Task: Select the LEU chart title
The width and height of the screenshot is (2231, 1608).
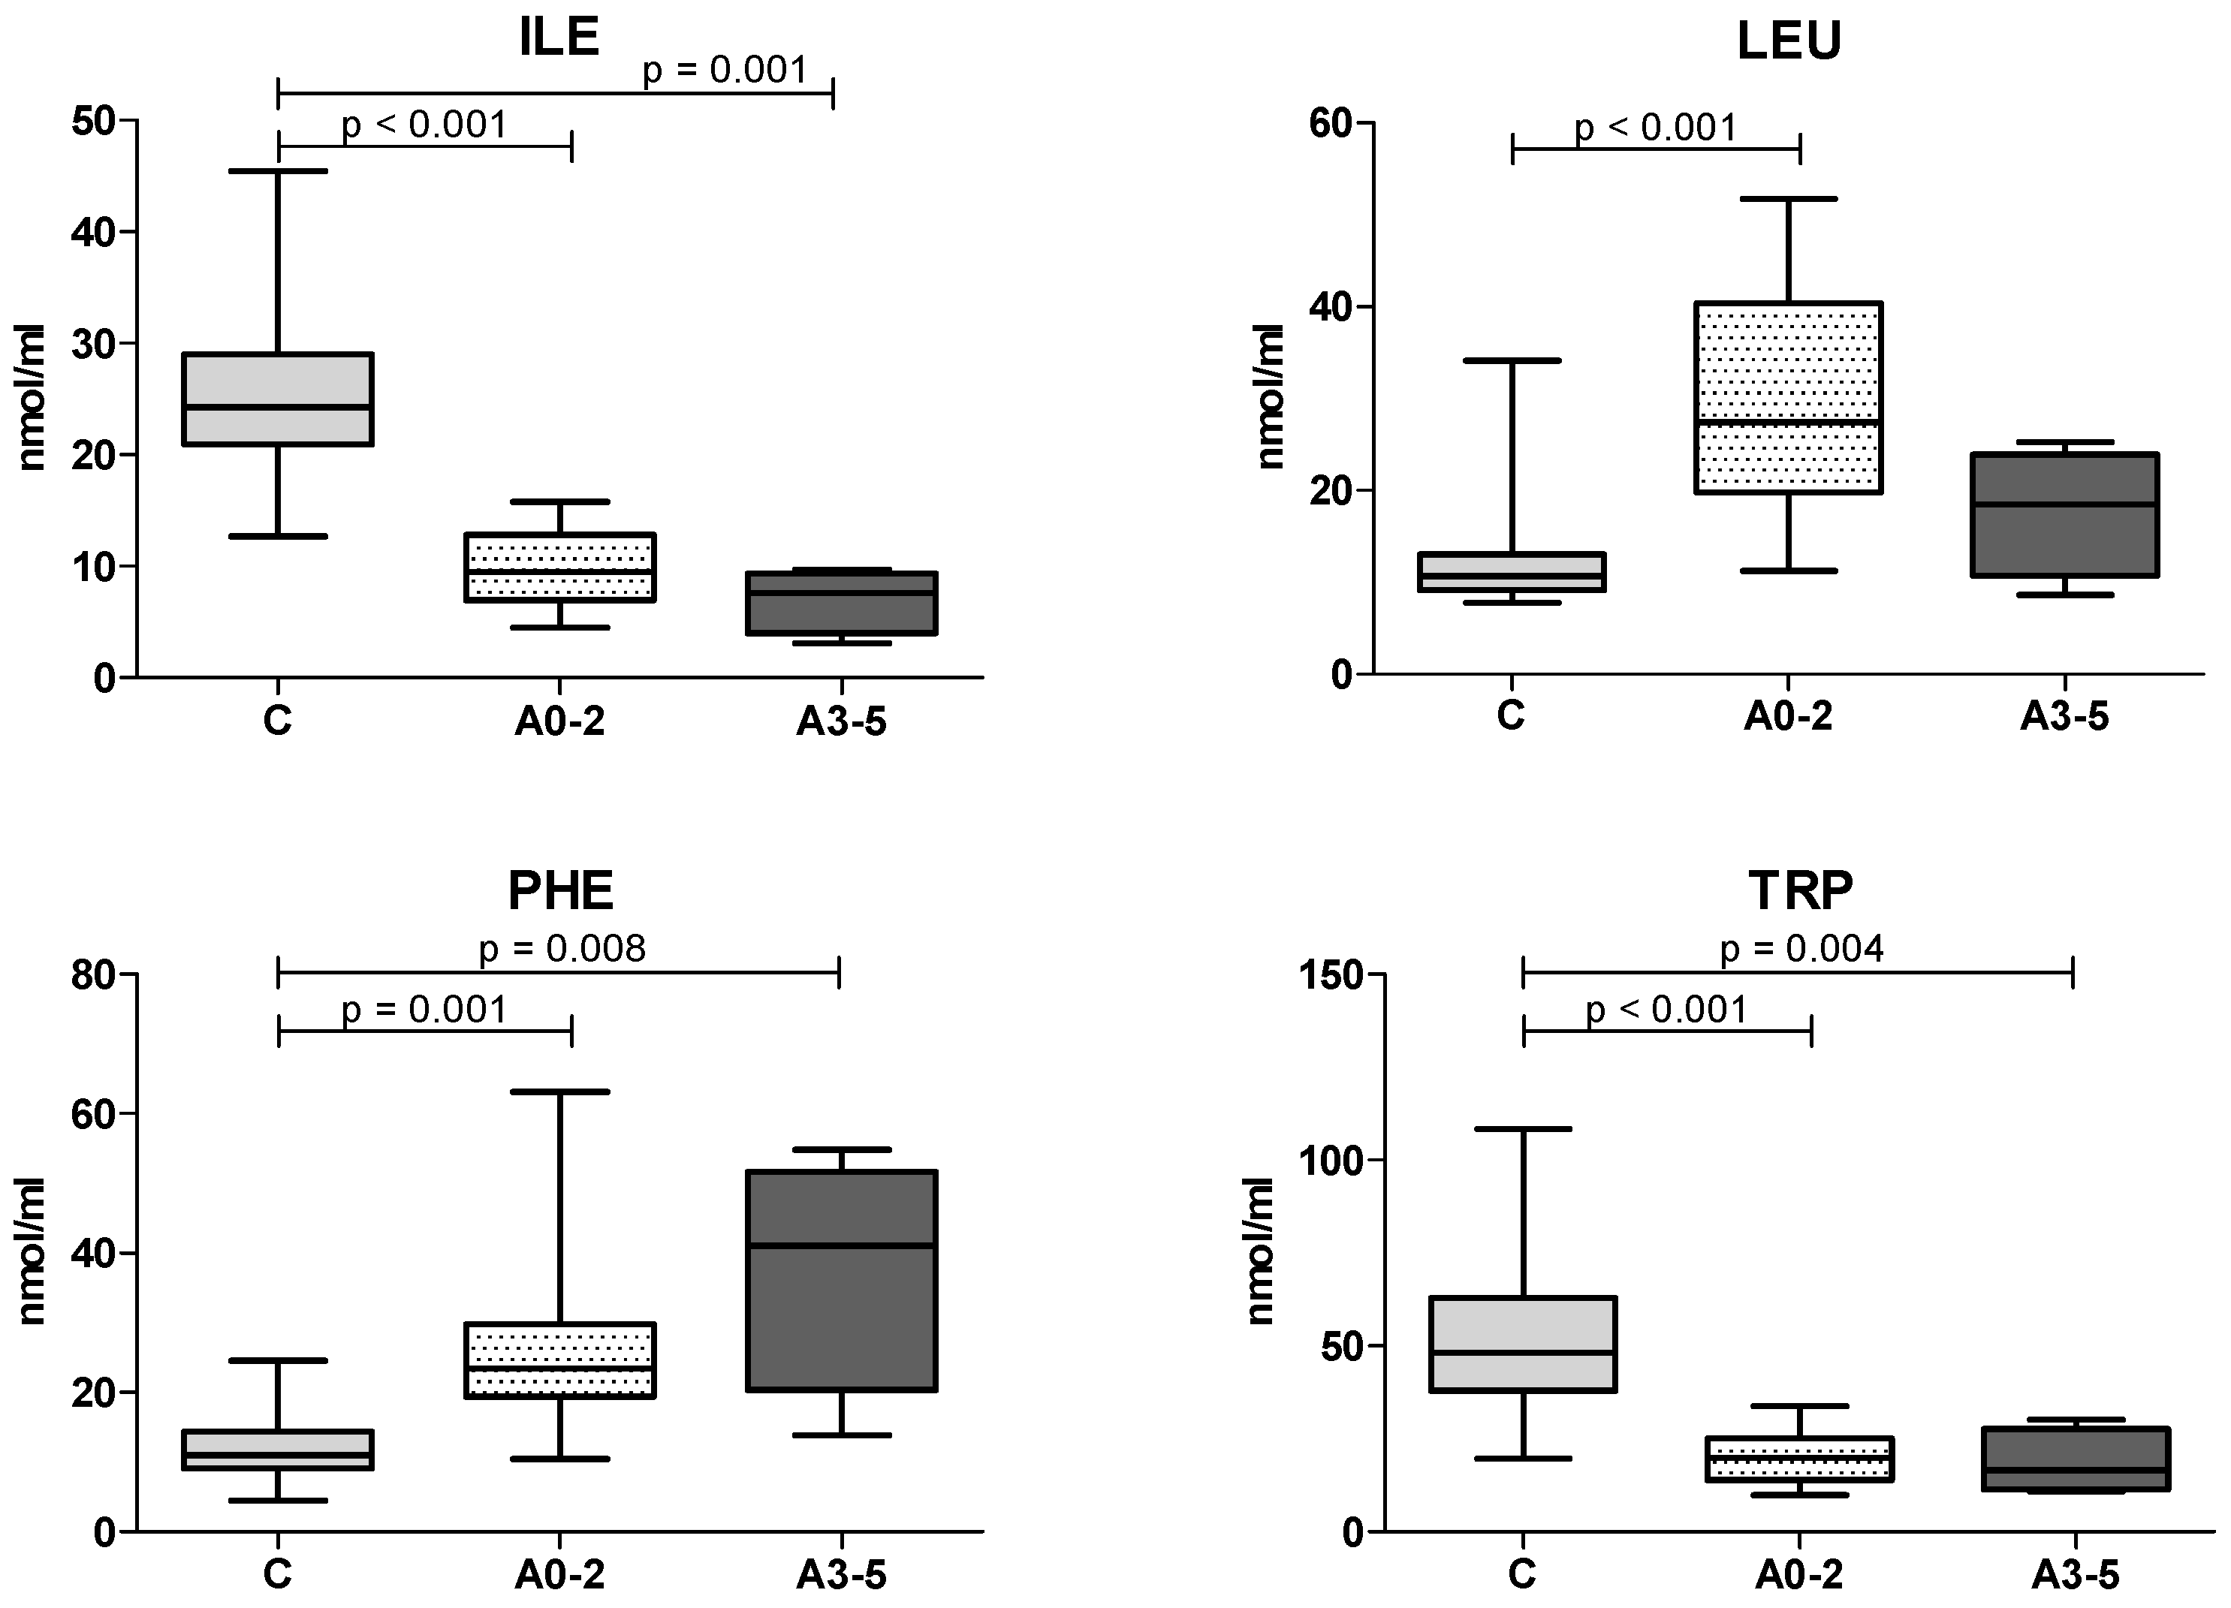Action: [x=1789, y=41]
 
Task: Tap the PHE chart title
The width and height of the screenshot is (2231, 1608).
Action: [x=559, y=891]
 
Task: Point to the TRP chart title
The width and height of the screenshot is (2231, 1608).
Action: [x=1800, y=890]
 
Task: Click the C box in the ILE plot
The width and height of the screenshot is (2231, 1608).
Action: [x=279, y=399]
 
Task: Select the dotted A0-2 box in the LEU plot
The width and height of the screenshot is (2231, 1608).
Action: [x=1789, y=397]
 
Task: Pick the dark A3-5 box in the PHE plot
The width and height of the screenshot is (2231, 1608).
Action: [x=841, y=1281]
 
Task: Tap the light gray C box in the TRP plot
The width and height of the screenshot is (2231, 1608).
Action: [x=1523, y=1345]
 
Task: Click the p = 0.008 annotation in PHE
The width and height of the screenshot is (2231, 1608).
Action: [x=562, y=949]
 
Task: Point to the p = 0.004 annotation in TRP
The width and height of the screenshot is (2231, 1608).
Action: [x=1801, y=949]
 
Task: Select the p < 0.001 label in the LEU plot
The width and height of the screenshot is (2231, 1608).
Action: [x=1656, y=128]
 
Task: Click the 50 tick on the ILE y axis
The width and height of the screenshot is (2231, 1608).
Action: [x=92, y=121]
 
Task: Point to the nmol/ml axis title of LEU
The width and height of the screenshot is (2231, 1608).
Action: [x=1270, y=396]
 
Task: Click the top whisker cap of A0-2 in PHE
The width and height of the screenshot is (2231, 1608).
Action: [x=559, y=1092]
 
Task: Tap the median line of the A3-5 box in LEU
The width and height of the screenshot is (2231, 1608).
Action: [x=2065, y=504]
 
